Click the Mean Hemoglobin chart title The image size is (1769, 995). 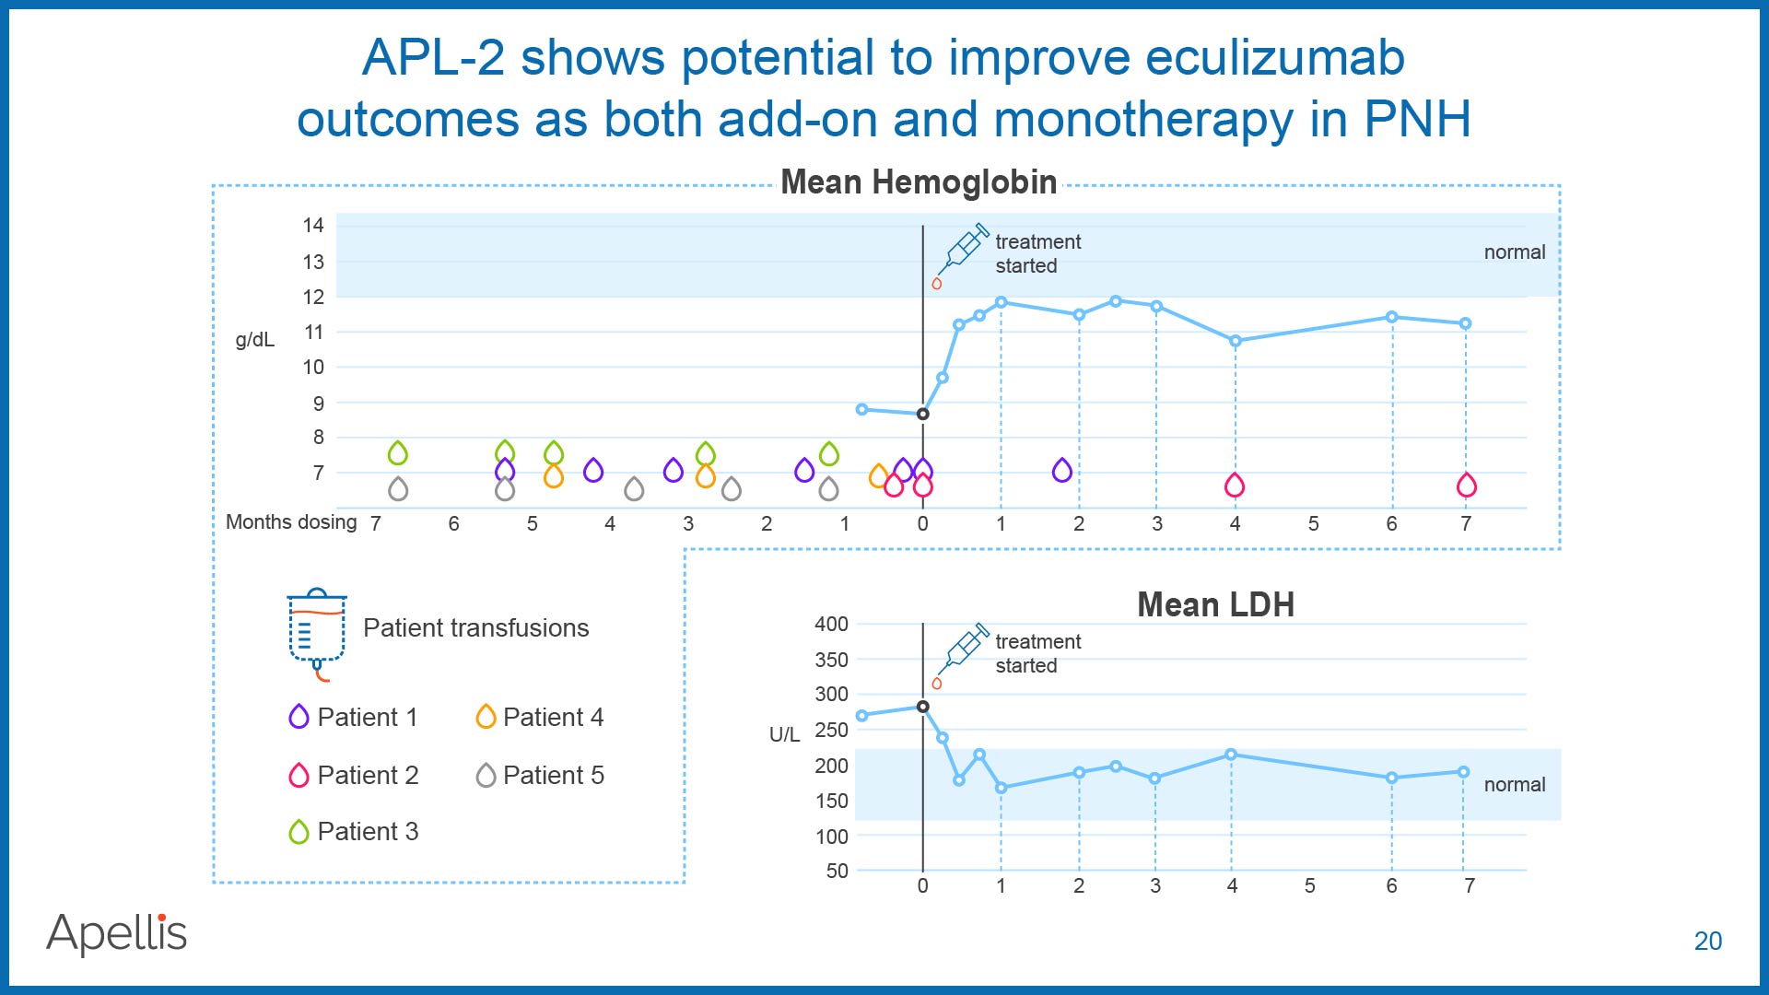(919, 182)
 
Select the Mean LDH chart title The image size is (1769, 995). (1215, 604)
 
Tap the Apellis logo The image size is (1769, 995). (117, 933)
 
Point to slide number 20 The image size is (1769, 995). (1707, 941)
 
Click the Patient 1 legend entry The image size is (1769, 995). (354, 717)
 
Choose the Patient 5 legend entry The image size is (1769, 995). (540, 775)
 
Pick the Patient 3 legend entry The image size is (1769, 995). (354, 831)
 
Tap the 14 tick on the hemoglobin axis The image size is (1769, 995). (313, 225)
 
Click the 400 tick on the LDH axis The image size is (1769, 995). (831, 624)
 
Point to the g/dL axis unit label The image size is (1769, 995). (255, 340)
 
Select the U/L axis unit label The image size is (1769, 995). (784, 734)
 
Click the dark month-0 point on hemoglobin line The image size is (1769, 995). (922, 414)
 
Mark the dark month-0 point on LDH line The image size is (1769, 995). (922, 707)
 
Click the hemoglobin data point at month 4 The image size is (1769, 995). (1235, 341)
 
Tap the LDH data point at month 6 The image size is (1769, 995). (1391, 778)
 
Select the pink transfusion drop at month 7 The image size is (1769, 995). (1467, 485)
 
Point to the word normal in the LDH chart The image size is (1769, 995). (1515, 784)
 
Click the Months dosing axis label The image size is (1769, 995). (291, 522)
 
